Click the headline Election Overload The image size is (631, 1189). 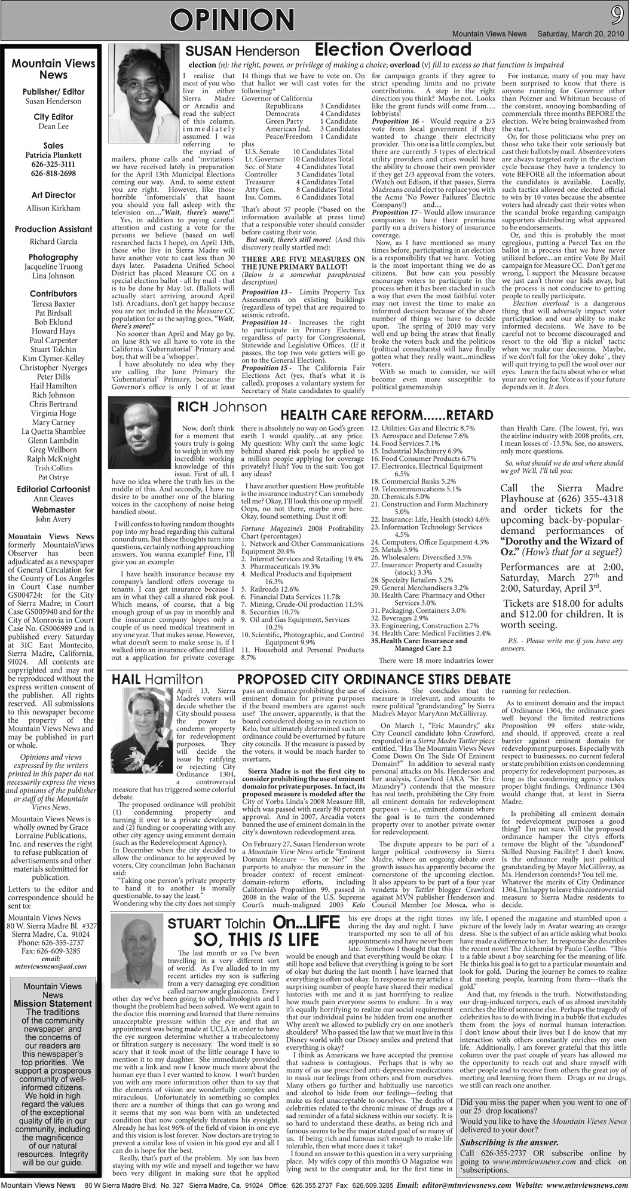point(393,50)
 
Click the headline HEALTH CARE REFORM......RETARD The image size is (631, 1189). point(387,415)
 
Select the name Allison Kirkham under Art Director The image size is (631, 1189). point(53,208)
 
